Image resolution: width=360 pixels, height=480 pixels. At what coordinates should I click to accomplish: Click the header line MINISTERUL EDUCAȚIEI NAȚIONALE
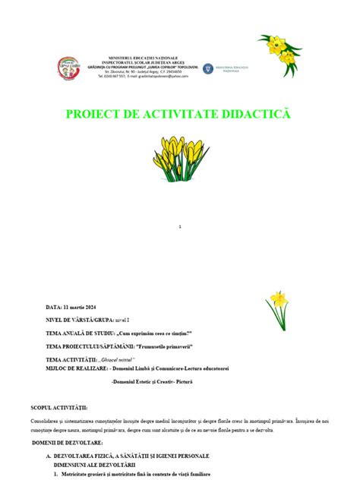145,57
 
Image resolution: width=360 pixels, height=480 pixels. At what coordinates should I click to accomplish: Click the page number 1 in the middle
179,228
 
